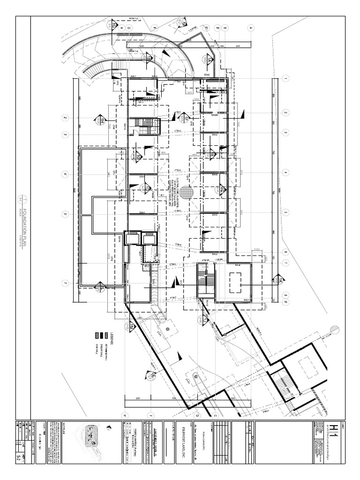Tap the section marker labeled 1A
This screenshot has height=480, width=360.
click(207, 60)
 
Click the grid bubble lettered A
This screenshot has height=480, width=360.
click(251, 28)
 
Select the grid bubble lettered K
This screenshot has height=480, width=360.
click(125, 415)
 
